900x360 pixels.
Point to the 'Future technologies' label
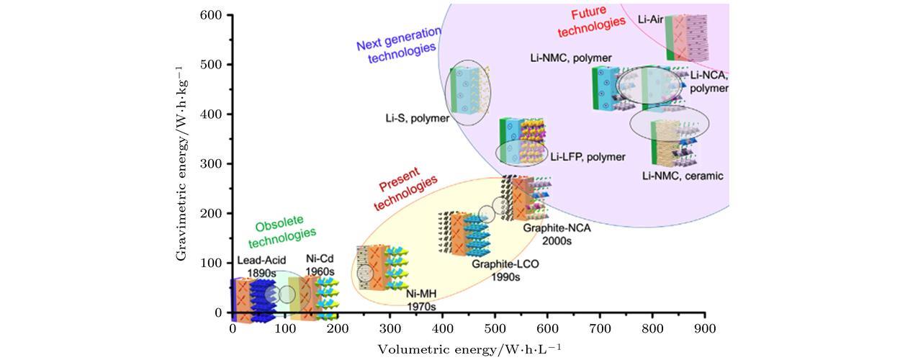[598, 18]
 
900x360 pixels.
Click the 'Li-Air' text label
[650, 19]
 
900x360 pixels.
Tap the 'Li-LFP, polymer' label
[588, 156]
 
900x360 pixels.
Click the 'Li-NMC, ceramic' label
[683, 176]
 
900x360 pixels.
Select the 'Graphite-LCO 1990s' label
[505, 270]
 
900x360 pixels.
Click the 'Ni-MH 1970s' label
[420, 300]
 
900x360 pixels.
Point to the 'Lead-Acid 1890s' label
[262, 266]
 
